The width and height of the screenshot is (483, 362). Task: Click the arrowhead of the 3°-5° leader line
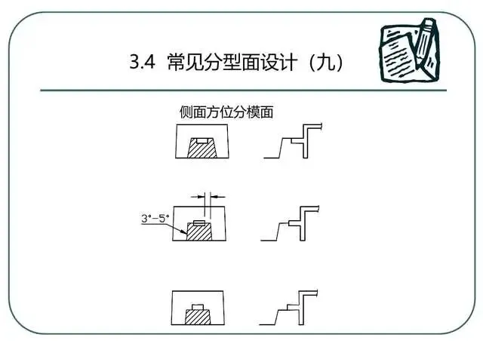click(190, 229)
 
